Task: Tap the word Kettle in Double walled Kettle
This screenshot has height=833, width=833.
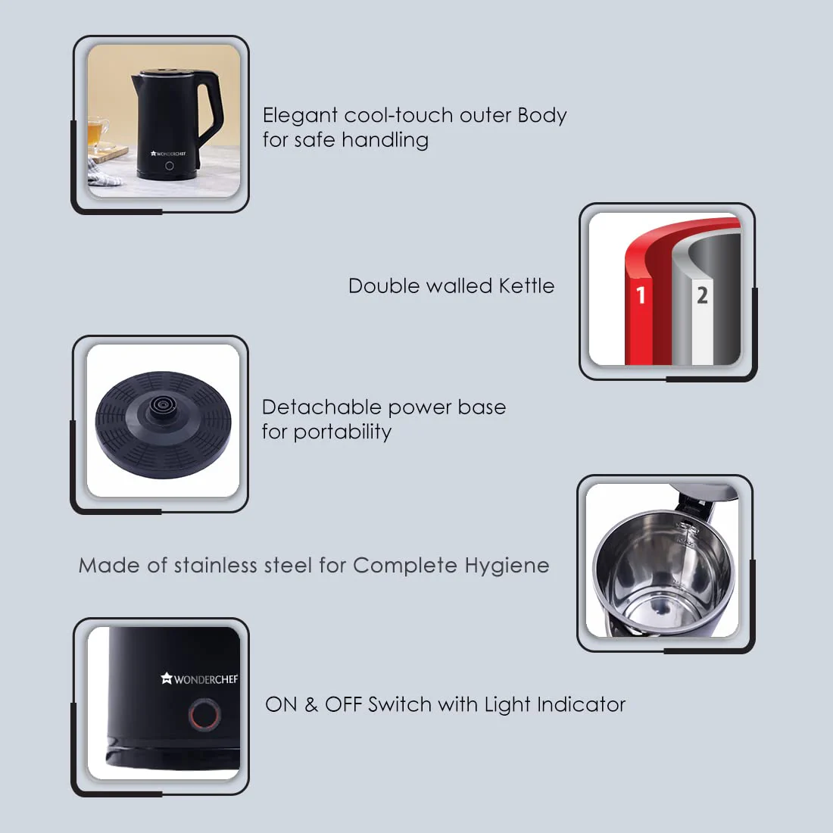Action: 526,286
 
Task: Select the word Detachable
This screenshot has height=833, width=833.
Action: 321,407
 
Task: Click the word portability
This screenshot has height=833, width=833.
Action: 342,432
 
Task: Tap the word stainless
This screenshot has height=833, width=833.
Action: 215,566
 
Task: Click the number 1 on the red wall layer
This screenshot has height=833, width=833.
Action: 641,295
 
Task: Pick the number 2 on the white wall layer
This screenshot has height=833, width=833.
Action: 702,295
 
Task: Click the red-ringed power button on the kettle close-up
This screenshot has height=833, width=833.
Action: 204,714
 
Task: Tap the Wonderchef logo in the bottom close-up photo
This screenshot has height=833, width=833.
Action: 199,679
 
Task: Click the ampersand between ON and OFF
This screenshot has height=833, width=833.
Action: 311,704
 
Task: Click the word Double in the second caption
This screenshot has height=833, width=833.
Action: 383,286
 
